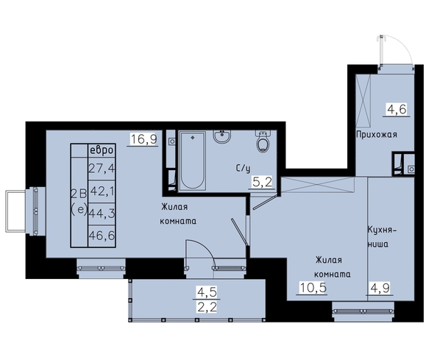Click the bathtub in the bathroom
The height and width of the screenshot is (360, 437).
[193, 161]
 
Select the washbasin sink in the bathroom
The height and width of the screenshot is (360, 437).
[222, 137]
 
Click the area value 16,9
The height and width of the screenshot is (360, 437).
[143, 139]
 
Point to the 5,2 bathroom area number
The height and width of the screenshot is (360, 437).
[261, 183]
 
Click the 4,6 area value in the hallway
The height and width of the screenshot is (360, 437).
[396, 109]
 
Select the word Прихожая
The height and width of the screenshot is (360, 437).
[377, 135]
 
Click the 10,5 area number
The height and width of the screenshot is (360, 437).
[313, 287]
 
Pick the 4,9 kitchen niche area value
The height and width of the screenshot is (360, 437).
[380, 288]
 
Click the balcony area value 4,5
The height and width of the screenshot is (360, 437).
[207, 292]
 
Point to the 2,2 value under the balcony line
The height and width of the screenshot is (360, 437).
[207, 307]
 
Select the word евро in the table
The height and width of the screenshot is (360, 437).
[102, 150]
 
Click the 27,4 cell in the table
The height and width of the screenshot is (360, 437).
[102, 169]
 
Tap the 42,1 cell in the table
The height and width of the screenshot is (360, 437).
[102, 191]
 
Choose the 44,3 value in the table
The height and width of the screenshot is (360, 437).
[102, 214]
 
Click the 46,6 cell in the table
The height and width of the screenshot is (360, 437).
[102, 236]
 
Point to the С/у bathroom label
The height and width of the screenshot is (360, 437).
[243, 169]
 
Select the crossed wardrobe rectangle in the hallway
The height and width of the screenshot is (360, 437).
[363, 100]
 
